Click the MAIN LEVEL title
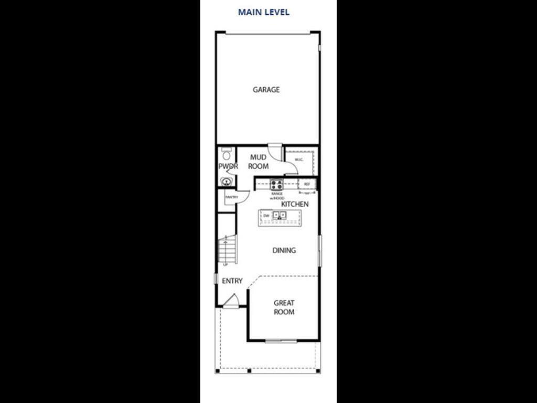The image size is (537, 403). click(263, 12)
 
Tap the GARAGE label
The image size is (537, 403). click(266, 90)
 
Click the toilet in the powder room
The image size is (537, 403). click(227, 154)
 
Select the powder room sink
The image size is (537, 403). click(227, 182)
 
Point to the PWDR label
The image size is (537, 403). click(228, 166)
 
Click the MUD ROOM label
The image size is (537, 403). click(258, 162)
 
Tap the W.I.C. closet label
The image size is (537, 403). click(299, 160)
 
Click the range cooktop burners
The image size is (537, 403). click(276, 184)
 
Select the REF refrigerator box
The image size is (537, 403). click(307, 184)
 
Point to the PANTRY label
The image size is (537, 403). click(231, 197)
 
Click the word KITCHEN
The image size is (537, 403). click(295, 204)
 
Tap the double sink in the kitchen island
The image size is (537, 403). click(280, 215)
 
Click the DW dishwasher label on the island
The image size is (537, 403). click(266, 215)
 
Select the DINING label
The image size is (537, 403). click(284, 250)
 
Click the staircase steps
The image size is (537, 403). click(228, 250)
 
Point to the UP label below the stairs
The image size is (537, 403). click(225, 264)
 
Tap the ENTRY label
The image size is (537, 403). click(232, 281)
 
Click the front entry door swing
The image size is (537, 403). click(231, 301)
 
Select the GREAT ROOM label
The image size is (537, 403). click(284, 307)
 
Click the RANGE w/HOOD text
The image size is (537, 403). click(277, 195)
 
